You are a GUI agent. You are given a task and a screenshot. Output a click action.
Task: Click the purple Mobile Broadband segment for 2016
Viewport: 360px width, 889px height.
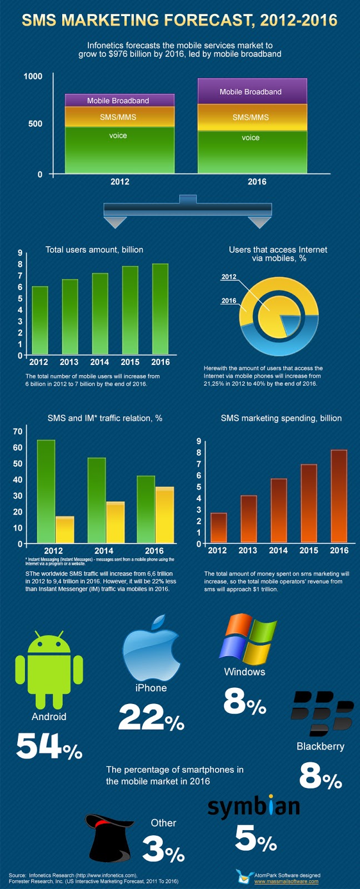click(x=252, y=92)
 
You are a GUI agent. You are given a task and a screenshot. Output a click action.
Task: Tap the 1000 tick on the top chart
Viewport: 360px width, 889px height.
click(x=33, y=76)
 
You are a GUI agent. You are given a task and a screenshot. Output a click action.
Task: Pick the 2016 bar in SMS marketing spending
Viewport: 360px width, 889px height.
click(x=339, y=496)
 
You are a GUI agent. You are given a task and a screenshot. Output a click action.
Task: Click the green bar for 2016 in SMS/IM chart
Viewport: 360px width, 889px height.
click(x=146, y=508)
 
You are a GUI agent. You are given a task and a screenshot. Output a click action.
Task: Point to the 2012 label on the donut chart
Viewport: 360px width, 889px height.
click(x=229, y=277)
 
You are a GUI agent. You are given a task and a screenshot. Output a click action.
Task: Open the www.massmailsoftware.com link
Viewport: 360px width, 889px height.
click(x=286, y=881)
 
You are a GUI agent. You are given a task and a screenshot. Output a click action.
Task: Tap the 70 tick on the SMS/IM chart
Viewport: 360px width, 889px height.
click(x=17, y=431)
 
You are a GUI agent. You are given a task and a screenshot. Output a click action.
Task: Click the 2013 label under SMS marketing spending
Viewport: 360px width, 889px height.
click(x=248, y=550)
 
